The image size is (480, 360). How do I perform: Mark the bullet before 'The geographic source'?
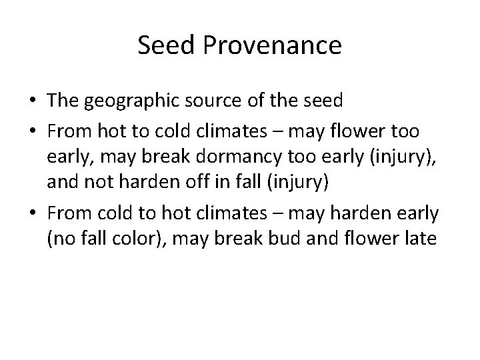coord(31,102)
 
